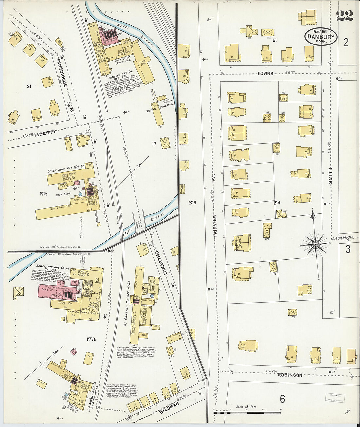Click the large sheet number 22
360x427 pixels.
[x=345, y=15]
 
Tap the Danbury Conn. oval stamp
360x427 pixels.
[x=321, y=37]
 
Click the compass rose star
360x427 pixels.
[x=315, y=244]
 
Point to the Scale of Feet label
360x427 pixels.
[x=246, y=407]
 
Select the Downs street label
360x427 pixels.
[x=265, y=73]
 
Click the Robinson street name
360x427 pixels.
[x=290, y=375]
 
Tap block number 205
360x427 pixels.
[x=192, y=203]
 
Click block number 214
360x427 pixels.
[x=277, y=203]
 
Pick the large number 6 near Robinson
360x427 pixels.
[x=282, y=399]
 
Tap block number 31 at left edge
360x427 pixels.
[x=29, y=86]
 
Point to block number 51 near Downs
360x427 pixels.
[x=274, y=40]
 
